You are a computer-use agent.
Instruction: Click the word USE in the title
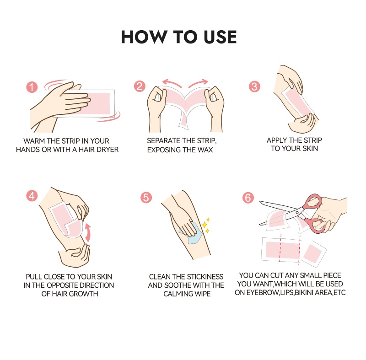click(220, 37)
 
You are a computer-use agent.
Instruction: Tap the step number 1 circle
click(32, 87)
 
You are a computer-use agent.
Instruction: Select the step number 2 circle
click(140, 86)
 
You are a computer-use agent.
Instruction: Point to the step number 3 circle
click(254, 86)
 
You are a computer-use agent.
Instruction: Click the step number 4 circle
click(32, 196)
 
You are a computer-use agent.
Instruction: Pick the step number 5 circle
click(146, 198)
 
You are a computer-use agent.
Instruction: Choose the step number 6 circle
click(248, 198)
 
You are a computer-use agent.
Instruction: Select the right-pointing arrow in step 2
click(199, 83)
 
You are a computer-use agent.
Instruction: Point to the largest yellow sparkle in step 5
click(205, 225)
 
